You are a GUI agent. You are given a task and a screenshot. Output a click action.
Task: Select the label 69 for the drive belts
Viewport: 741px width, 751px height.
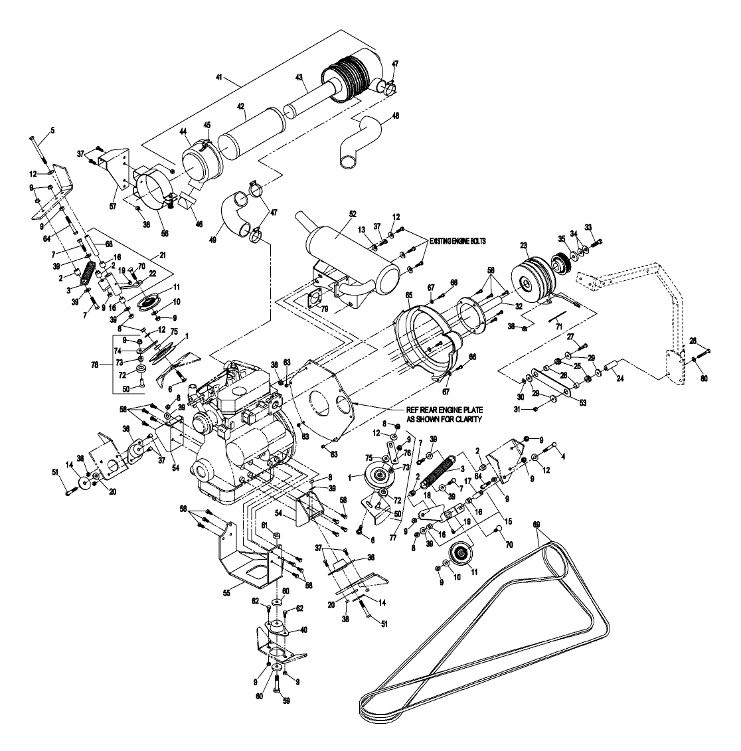537,525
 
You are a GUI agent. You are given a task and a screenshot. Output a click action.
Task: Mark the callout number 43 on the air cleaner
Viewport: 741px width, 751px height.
299,78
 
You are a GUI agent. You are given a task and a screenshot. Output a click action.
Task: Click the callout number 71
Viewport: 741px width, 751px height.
558,327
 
